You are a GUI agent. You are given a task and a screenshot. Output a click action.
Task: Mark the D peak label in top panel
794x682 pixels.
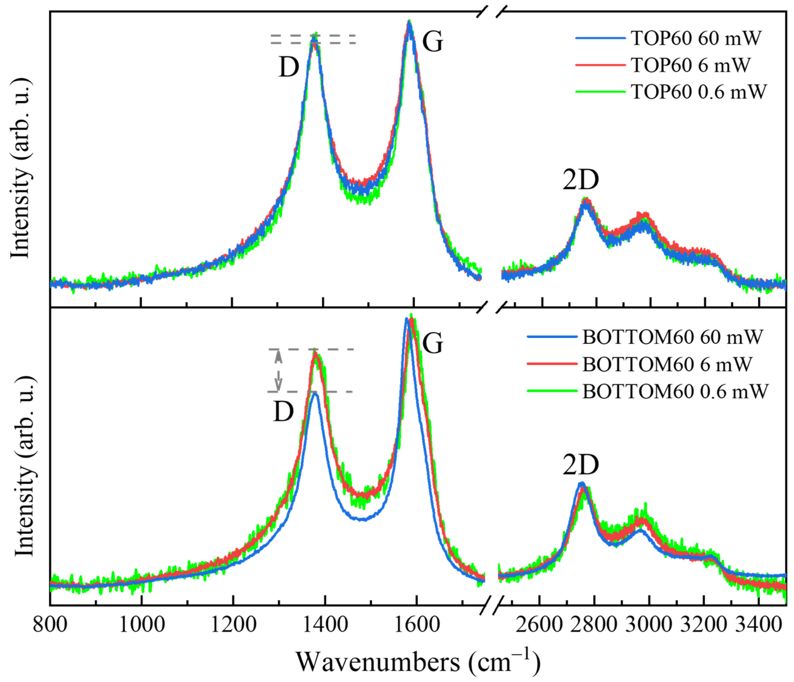click(x=288, y=67)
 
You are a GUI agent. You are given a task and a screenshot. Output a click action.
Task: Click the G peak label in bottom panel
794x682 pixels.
click(x=433, y=343)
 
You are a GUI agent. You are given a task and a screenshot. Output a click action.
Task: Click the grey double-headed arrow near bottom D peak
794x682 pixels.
click(x=278, y=370)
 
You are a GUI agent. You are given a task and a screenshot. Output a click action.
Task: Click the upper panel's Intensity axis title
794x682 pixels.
click(x=21, y=169)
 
